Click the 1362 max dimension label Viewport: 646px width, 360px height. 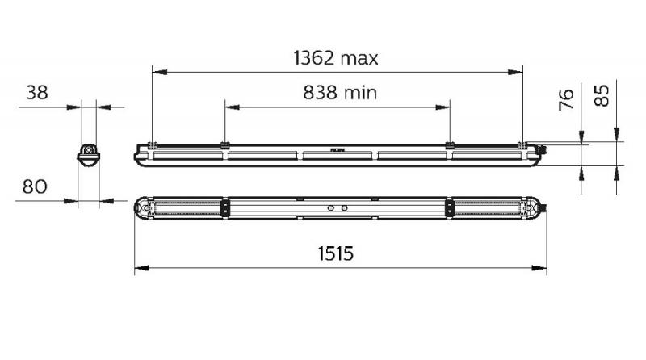coord(335,58)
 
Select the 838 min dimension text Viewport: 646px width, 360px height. coord(340,93)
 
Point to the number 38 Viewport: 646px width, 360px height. coord(36,92)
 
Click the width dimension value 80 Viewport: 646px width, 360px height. coord(34,186)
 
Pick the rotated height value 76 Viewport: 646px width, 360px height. coord(566,99)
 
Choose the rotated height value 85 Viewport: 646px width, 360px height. coord(602,98)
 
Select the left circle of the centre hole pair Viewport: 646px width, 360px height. coord(329,208)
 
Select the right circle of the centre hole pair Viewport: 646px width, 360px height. coord(344,208)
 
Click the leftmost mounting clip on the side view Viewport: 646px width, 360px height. coord(152,145)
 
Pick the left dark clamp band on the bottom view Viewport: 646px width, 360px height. coord(224,208)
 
